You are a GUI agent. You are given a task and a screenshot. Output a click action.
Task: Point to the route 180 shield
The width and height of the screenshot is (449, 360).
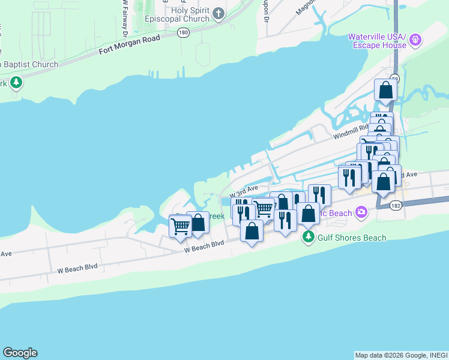coord(183,34)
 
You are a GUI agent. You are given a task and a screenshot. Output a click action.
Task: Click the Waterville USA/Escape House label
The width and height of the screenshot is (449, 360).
coord(378,41)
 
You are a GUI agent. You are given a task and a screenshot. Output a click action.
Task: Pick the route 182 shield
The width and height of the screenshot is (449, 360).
coord(394,205)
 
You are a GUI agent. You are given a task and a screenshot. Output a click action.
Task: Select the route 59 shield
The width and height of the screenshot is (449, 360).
coord(394,79)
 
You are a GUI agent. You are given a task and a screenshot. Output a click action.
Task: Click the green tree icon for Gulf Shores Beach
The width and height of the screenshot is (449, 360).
coord(309,237)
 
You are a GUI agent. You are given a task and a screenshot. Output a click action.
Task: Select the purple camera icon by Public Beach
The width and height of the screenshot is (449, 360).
coord(361,211)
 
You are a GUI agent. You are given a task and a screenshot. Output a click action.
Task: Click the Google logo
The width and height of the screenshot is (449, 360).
coord(20,353)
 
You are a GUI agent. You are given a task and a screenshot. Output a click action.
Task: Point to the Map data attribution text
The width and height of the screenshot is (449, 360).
coord(400,355)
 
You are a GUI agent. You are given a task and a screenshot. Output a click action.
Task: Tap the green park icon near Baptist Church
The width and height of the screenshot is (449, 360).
coord(16,83)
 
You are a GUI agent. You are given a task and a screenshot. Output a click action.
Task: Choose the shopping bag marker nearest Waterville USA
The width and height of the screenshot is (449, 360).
coord(385,91)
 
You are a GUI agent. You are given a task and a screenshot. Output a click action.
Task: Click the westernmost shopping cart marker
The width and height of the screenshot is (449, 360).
coord(180,226)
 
